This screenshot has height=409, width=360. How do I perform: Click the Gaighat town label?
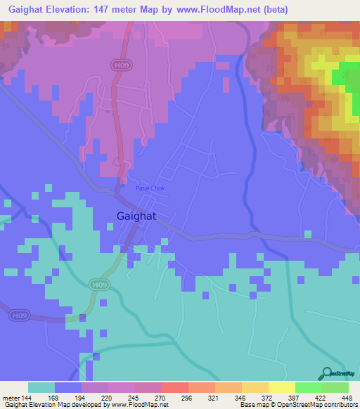pyautogui.click(x=136, y=216)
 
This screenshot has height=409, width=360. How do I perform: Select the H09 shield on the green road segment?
pyautogui.click(x=100, y=285)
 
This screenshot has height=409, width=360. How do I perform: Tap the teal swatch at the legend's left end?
pyautogui.click(x=41, y=387)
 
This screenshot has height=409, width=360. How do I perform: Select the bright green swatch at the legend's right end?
pyautogui.click(x=335, y=387)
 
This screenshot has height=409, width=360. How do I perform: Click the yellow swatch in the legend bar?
pyautogui.click(x=281, y=387)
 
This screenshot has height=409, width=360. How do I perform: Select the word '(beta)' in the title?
pyautogui.click(x=273, y=9)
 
